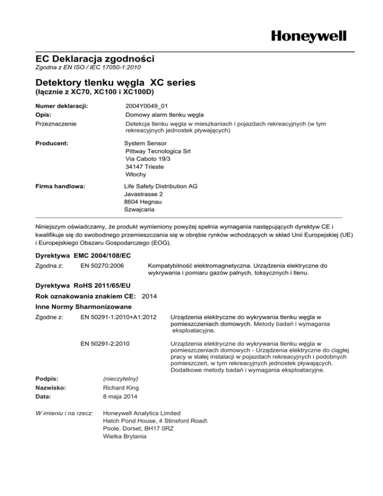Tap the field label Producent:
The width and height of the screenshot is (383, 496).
(x=55, y=143)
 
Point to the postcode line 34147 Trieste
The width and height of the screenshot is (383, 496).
(x=145, y=166)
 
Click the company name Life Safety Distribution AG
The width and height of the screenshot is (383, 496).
(x=161, y=186)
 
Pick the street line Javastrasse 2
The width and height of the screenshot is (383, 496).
(x=144, y=194)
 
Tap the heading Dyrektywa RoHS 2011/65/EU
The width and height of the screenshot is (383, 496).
(x=86, y=286)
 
